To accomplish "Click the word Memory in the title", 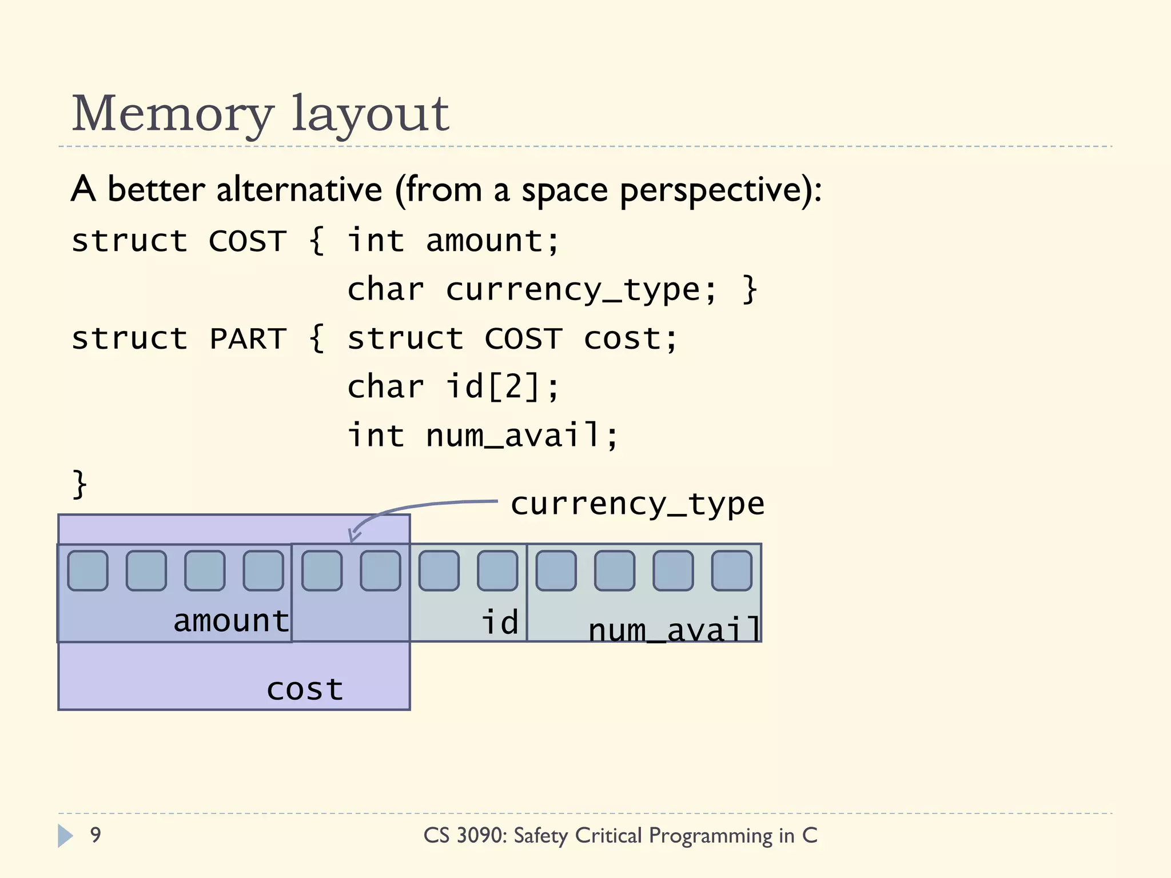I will pyautogui.click(x=172, y=114).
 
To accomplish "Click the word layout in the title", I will pyautogui.click(x=370, y=114).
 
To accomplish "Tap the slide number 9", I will pyautogui.click(x=95, y=835).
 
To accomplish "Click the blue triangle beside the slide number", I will pyautogui.click(x=65, y=836).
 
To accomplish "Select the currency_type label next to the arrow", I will pyautogui.click(x=637, y=504).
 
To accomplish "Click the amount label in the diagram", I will pyautogui.click(x=231, y=621).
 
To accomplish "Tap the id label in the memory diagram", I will pyautogui.click(x=499, y=622).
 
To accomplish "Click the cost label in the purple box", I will pyautogui.click(x=305, y=689).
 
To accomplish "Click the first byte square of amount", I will pyautogui.click(x=87, y=570).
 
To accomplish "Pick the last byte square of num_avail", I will pyautogui.click(x=731, y=570).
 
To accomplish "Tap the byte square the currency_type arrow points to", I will pyautogui.click(x=322, y=570).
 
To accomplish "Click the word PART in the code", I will pyautogui.click(x=248, y=339).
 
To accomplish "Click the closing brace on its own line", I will pyautogui.click(x=79, y=484).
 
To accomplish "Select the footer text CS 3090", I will pyautogui.click(x=464, y=836).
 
